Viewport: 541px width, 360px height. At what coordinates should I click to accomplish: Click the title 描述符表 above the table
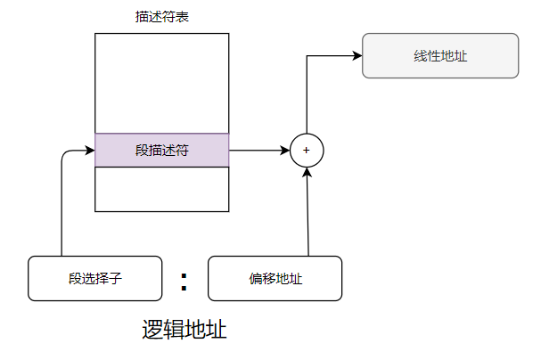pyautogui.click(x=161, y=18)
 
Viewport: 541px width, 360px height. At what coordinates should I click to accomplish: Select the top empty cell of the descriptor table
pyautogui.click(x=161, y=83)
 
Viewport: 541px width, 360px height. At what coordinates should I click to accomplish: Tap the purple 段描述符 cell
pyautogui.click(x=161, y=151)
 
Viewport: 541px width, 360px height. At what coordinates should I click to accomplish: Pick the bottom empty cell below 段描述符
pyautogui.click(x=161, y=189)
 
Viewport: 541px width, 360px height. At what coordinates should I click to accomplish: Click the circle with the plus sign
pyautogui.click(x=307, y=151)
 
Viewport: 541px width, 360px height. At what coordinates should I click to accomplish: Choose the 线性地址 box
pyautogui.click(x=440, y=55)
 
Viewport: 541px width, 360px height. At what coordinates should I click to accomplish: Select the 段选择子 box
pyautogui.click(x=94, y=278)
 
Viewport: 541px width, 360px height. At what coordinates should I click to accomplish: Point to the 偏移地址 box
pyautogui.click(x=275, y=278)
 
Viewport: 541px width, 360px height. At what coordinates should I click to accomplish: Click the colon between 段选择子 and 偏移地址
pyautogui.click(x=184, y=280)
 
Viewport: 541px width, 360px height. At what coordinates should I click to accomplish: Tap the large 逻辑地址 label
pyautogui.click(x=184, y=331)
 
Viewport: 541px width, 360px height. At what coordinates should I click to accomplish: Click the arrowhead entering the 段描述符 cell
pyautogui.click(x=89, y=151)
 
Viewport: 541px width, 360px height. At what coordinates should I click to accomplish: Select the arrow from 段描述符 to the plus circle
pyautogui.click(x=258, y=151)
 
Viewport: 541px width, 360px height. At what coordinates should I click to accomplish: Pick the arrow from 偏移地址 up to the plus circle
pyautogui.click(x=307, y=214)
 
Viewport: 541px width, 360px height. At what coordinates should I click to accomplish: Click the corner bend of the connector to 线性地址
pyautogui.click(x=307, y=55)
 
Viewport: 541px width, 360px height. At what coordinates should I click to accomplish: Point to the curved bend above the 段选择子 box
pyautogui.click(x=64, y=153)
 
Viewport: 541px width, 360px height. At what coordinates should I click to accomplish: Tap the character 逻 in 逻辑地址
pyautogui.click(x=152, y=331)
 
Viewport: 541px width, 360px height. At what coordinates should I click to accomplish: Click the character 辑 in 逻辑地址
pyautogui.click(x=174, y=331)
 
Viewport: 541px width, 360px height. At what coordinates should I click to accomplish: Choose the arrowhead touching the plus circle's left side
pyautogui.click(x=284, y=151)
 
